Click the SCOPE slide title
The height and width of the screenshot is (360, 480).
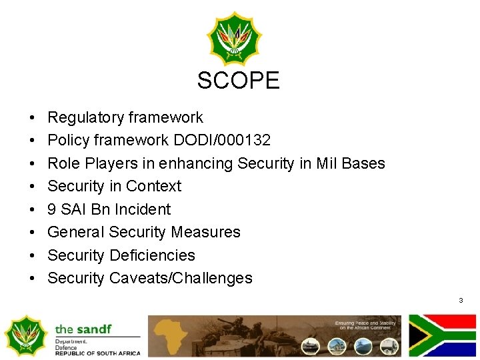coord(238,81)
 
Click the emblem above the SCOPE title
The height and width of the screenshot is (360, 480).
coord(234,37)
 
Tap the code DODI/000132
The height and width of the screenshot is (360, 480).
coord(221,140)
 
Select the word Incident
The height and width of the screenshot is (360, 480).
coord(142,209)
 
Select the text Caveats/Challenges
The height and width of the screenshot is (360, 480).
coord(181,278)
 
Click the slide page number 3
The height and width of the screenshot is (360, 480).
coord(461,301)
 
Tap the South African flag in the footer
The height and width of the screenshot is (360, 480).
coord(443,335)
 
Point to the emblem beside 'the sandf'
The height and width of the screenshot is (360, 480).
coord(25,335)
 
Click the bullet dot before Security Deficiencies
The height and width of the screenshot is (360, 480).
coord(33,255)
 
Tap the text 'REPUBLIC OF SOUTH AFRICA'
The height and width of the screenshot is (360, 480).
coord(97,353)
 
